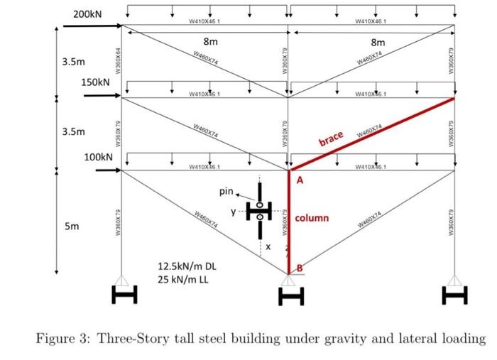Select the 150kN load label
coord(96,82)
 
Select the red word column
coord(312,217)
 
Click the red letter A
coord(300,181)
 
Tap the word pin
coord(226,191)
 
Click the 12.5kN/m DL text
coord(187,266)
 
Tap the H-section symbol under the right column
coord(454,293)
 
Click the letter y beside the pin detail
coord(232,211)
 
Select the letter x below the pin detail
coord(270,246)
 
